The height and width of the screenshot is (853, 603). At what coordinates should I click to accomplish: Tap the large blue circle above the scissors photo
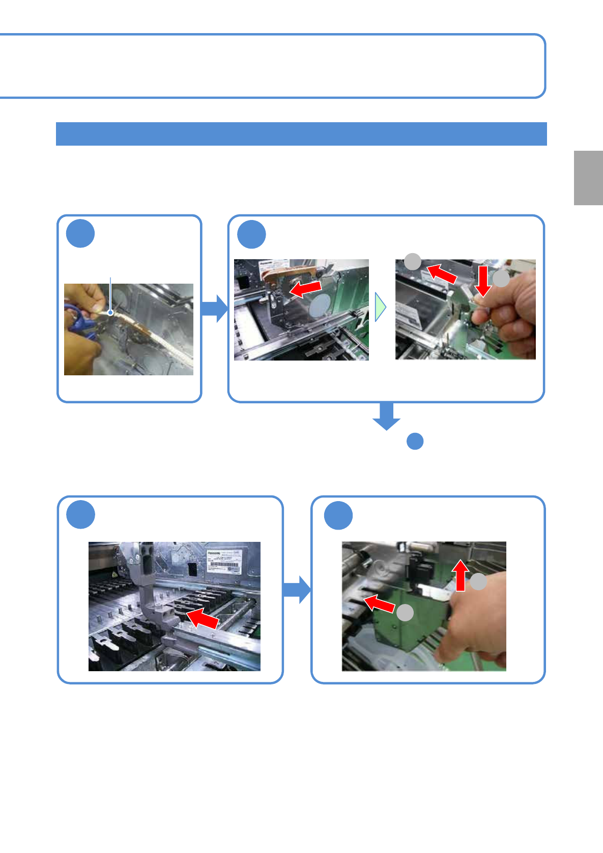coord(80,234)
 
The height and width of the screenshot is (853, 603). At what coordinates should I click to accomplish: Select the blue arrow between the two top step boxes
coord(214,308)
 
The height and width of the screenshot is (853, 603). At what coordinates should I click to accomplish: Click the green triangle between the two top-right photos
coord(380,307)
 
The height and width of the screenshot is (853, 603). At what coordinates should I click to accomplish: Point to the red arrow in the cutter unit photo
coord(305,289)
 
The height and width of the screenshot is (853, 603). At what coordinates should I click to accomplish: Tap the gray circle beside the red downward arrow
coord(501,279)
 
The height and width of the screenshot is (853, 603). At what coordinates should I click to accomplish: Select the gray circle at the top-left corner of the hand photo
coord(413,262)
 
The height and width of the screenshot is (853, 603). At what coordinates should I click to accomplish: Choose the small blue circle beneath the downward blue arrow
coord(415,441)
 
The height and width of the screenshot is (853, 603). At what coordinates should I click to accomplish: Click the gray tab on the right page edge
coord(588,178)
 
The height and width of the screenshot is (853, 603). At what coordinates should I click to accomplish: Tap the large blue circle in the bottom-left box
coord(80,514)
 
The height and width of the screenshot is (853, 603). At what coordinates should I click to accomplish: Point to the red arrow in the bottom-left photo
coord(203,618)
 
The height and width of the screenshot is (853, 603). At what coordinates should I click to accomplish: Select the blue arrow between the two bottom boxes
coord(297,590)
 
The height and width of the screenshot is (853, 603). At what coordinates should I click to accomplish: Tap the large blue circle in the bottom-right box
coord(338,515)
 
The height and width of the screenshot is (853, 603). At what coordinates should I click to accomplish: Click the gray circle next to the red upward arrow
coord(478,582)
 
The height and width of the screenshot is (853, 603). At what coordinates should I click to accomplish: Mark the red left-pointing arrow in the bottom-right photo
coord(380,603)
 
